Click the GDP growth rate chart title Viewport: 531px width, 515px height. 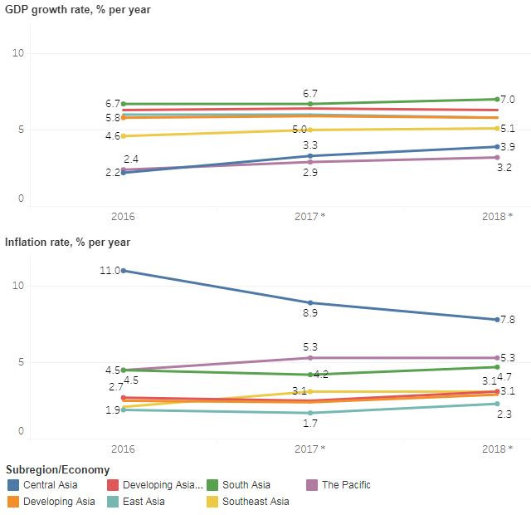(x=66, y=9)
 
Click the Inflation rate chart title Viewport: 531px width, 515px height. (x=67, y=242)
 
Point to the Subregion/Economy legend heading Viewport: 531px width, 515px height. (x=56, y=469)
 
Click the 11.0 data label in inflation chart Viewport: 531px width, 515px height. (x=109, y=271)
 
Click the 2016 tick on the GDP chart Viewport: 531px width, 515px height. (x=123, y=216)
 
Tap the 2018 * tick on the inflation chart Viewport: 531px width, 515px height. (x=497, y=449)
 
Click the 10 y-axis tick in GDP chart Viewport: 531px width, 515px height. (x=19, y=53)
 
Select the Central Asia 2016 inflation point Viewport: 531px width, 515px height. (x=124, y=271)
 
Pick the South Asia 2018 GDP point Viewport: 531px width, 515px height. (x=497, y=99)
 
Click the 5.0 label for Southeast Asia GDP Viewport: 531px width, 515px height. (x=300, y=130)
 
